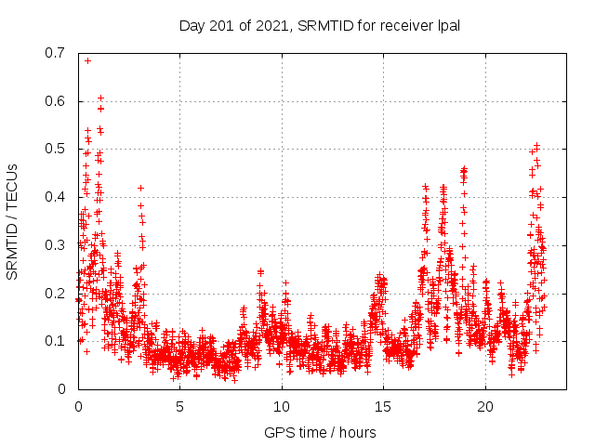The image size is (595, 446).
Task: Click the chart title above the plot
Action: pyautogui.click(x=320, y=25)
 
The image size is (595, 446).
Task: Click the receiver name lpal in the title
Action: pyautogui.click(x=448, y=25)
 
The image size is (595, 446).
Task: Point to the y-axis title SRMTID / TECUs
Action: pyautogui.click(x=12, y=222)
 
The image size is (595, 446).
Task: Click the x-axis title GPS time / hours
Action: pyautogui.click(x=320, y=432)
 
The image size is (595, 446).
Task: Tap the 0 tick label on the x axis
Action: pyautogui.click(x=78, y=407)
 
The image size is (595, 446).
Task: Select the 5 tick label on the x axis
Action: pyautogui.click(x=180, y=407)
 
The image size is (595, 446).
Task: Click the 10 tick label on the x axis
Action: pyautogui.click(x=282, y=407)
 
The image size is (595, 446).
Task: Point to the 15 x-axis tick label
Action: pyautogui.click(x=384, y=407)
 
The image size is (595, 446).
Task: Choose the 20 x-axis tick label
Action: pyautogui.click(x=485, y=407)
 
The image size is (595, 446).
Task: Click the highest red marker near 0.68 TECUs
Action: pyautogui.click(x=87, y=60)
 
